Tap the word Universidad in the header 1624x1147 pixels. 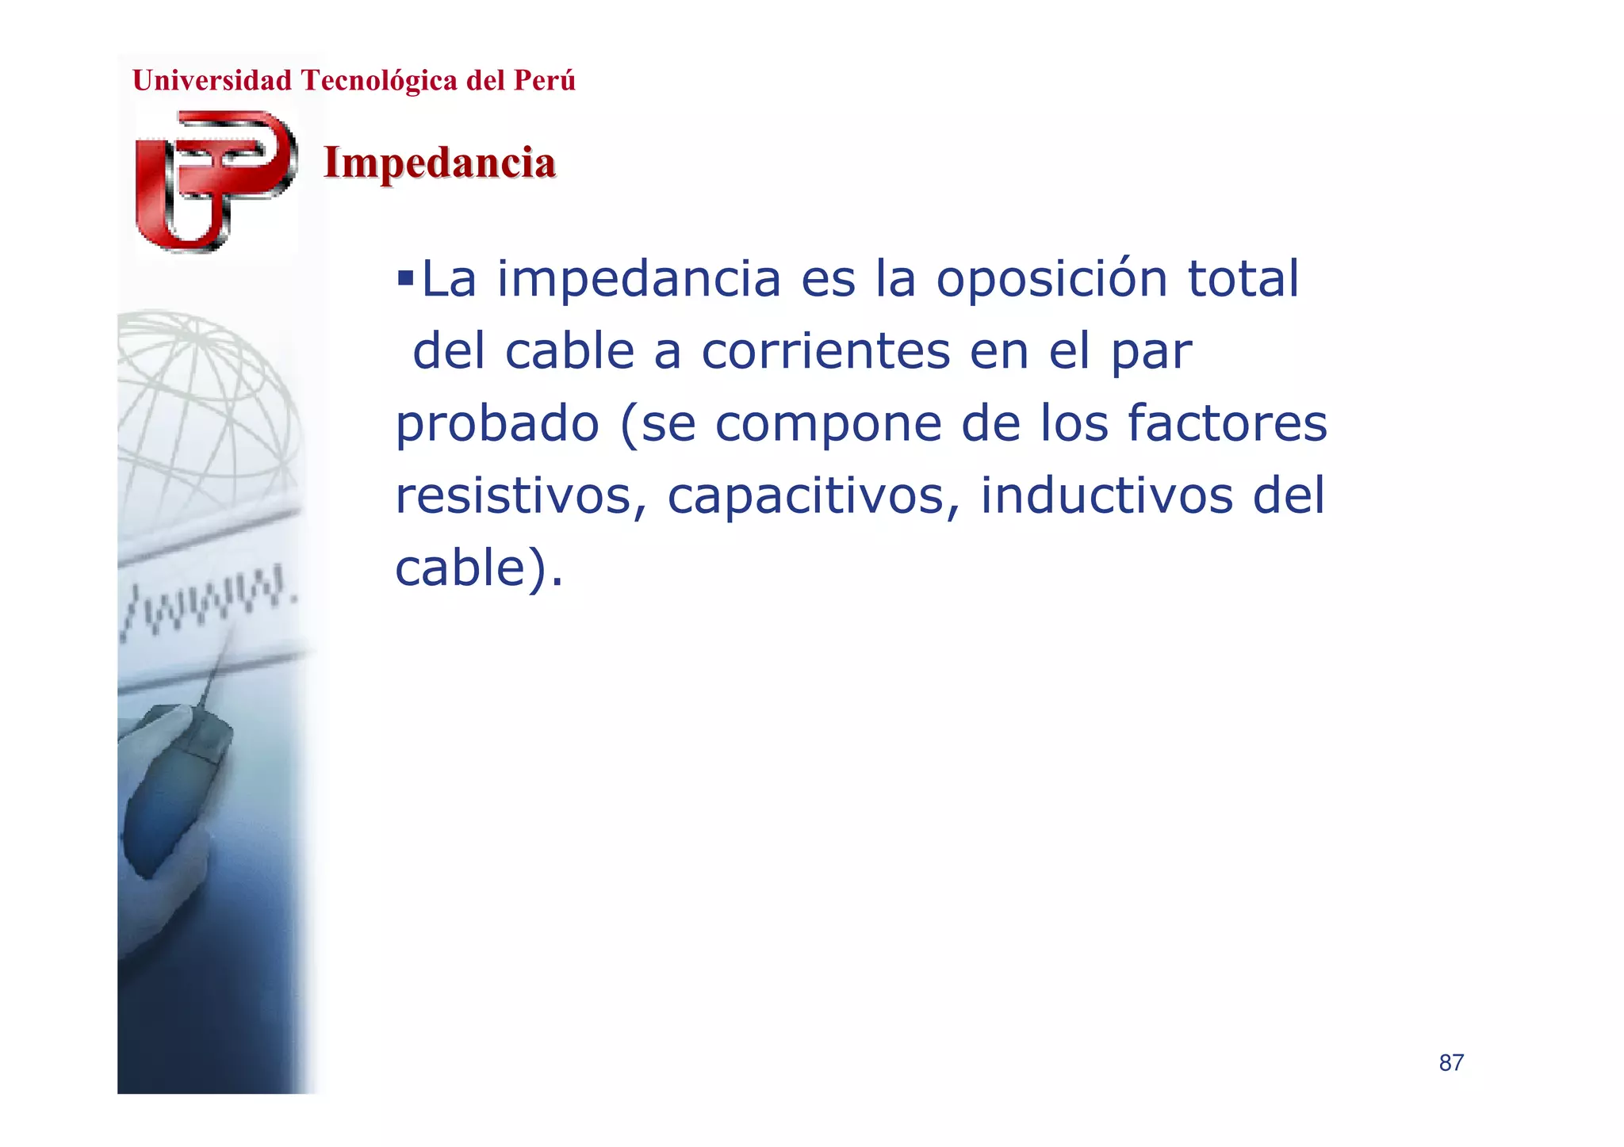tap(212, 81)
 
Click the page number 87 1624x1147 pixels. tap(1451, 1063)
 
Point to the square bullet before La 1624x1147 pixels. tap(405, 278)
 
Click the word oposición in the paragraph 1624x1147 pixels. tap(1051, 279)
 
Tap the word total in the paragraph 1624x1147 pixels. tap(1243, 279)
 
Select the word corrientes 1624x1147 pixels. tap(825, 351)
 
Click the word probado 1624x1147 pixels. tap(497, 423)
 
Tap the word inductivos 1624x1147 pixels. tap(1106, 496)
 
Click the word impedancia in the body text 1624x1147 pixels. tap(638, 279)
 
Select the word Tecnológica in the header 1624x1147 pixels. tap(379, 81)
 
